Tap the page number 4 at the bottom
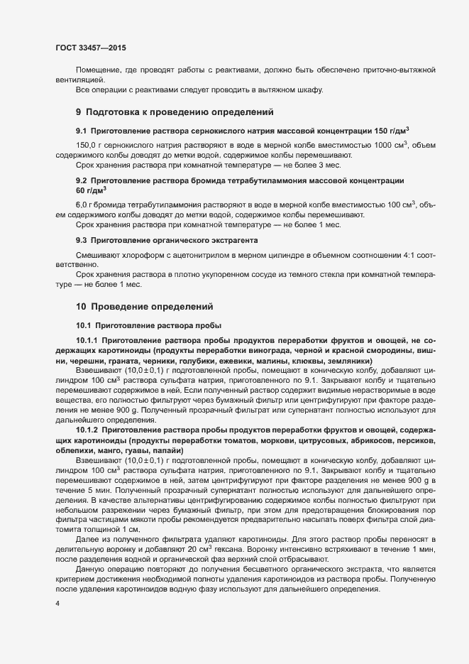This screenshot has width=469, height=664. click(57, 604)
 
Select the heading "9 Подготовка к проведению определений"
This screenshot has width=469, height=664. click(174, 112)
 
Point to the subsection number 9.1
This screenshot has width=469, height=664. click(81, 131)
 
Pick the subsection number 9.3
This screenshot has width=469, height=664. click(81, 241)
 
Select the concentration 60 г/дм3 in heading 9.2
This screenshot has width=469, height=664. click(90, 190)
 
